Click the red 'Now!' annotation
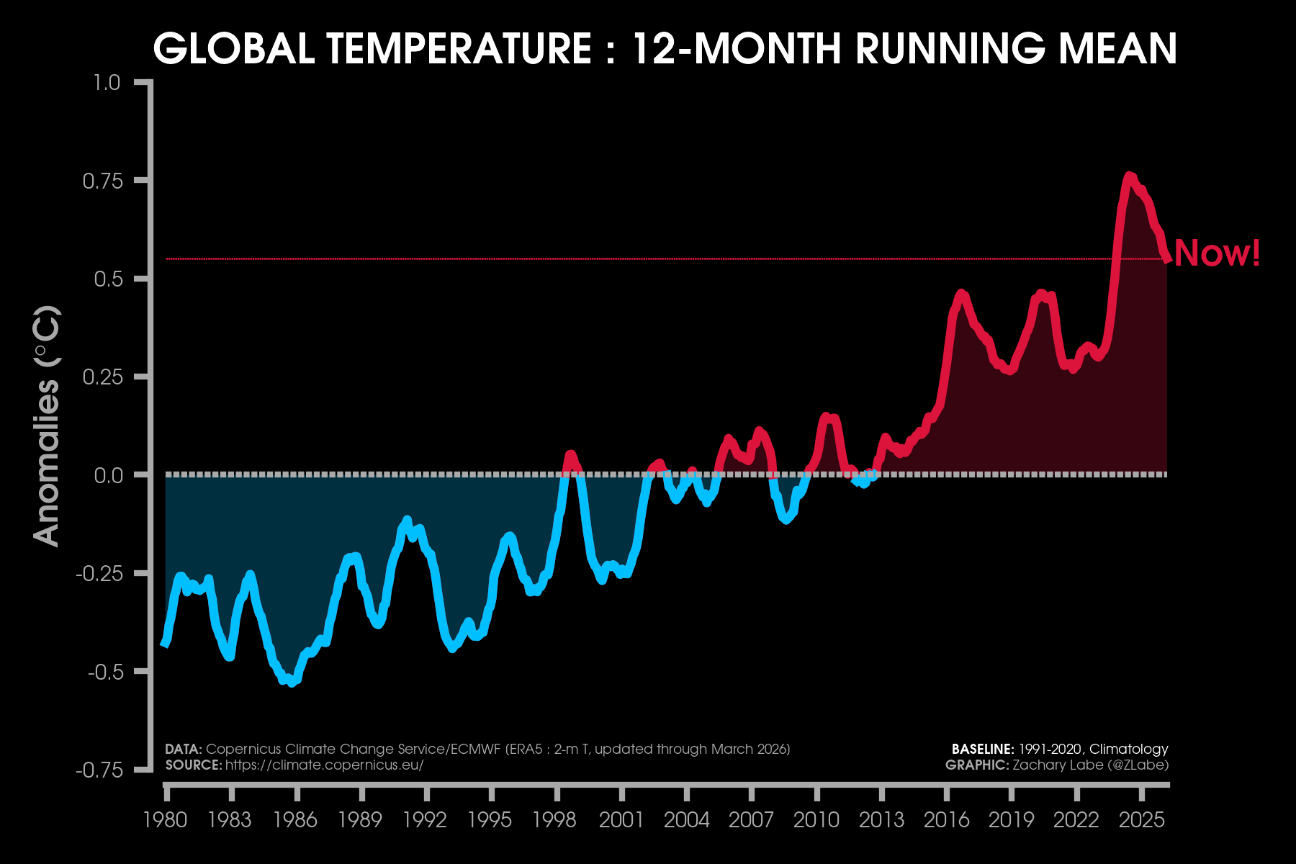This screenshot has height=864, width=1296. coord(1217,253)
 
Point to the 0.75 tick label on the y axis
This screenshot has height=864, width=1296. coord(103,181)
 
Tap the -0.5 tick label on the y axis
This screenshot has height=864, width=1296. coord(105,672)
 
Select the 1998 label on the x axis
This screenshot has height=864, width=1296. coord(554,819)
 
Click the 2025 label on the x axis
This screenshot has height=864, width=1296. coord(1141,819)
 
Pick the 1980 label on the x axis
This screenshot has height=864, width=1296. coord(165,819)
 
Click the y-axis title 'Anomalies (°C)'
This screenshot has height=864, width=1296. coord(48,426)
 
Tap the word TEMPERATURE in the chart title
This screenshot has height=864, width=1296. coord(459,49)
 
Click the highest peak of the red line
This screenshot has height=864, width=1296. coord(1129,176)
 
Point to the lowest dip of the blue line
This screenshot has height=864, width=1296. coord(292,683)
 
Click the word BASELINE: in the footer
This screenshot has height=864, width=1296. coord(983,750)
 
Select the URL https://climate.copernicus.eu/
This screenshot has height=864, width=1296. coord(324,765)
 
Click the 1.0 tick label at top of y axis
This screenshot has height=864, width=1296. coord(107,83)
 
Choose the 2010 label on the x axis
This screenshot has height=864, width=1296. coord(816,819)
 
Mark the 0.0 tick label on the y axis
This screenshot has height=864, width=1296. coord(109,475)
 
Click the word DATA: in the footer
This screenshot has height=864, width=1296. coord(183,750)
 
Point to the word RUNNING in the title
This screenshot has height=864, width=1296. coord(949,49)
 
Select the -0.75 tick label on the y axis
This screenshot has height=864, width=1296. coord(99,770)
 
